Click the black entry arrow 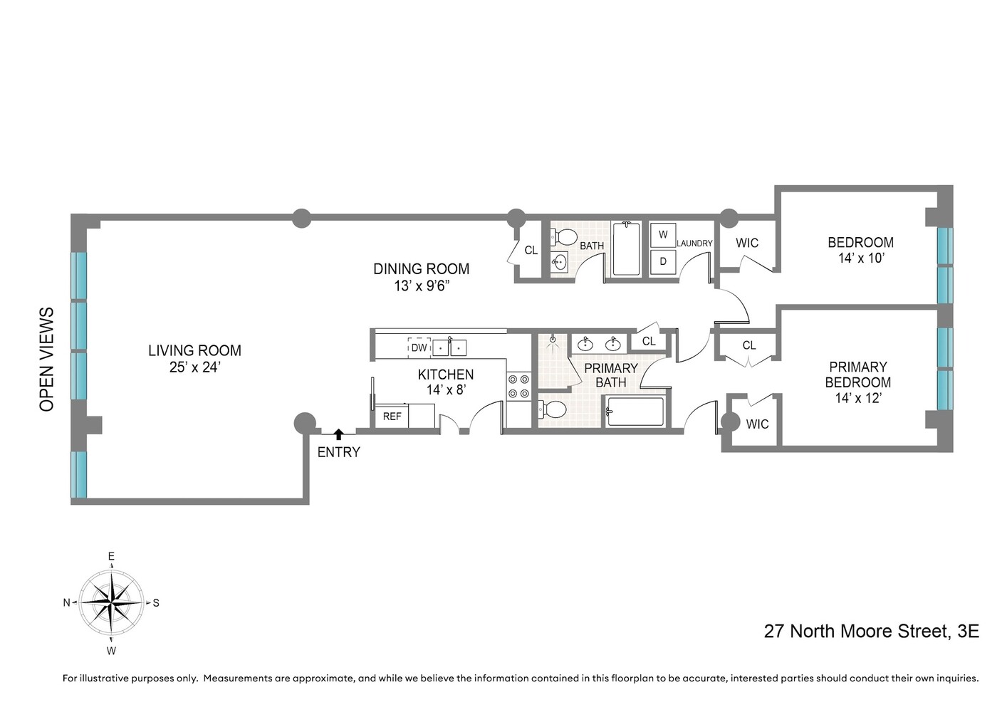[339, 434]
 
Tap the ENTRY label [338, 452]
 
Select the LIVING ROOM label [194, 350]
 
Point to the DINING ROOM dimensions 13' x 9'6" [422, 286]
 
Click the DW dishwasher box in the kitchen [419, 347]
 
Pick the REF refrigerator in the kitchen [392, 417]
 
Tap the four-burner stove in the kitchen [518, 386]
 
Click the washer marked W [663, 234]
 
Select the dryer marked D [663, 261]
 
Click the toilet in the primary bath [553, 409]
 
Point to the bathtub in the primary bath [635, 412]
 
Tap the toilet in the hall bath [565, 236]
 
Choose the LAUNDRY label [694, 244]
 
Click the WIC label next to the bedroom [747, 244]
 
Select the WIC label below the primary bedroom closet [757, 424]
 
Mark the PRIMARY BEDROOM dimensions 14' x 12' [857, 398]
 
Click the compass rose [111, 602]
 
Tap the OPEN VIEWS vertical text [47, 359]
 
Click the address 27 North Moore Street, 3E [871, 631]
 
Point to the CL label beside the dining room [531, 251]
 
